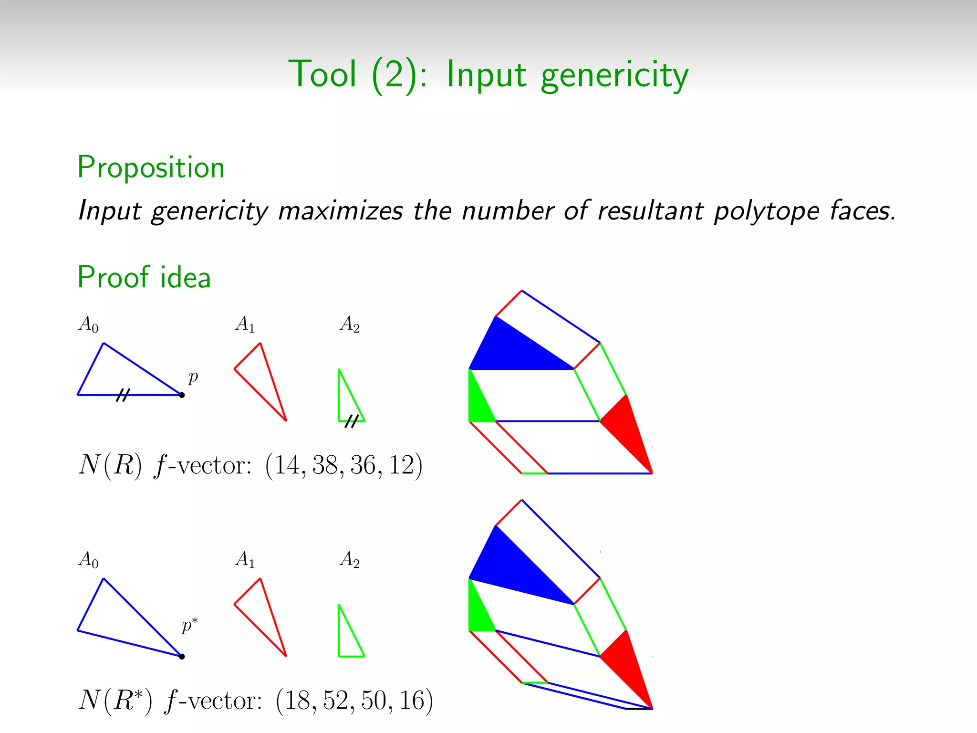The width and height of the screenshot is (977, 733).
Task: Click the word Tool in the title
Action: (x=322, y=74)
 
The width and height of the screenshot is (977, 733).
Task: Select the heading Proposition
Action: (x=151, y=168)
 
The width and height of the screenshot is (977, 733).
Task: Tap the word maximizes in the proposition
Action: (x=340, y=210)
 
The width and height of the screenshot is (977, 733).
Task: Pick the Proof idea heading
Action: (x=144, y=277)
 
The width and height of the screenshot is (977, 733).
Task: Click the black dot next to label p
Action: (x=182, y=395)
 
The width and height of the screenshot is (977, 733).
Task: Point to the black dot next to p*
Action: (x=182, y=657)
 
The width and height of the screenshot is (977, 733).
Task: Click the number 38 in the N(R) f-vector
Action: (x=325, y=465)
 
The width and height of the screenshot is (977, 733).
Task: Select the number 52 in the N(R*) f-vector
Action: (x=336, y=701)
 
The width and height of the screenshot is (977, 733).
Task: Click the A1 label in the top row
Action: (x=245, y=325)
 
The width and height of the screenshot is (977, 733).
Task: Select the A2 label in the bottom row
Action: (x=350, y=559)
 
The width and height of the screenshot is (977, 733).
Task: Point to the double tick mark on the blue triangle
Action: (x=123, y=395)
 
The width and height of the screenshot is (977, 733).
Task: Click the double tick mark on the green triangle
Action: (x=352, y=421)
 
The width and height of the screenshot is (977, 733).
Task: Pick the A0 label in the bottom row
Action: (x=89, y=559)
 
